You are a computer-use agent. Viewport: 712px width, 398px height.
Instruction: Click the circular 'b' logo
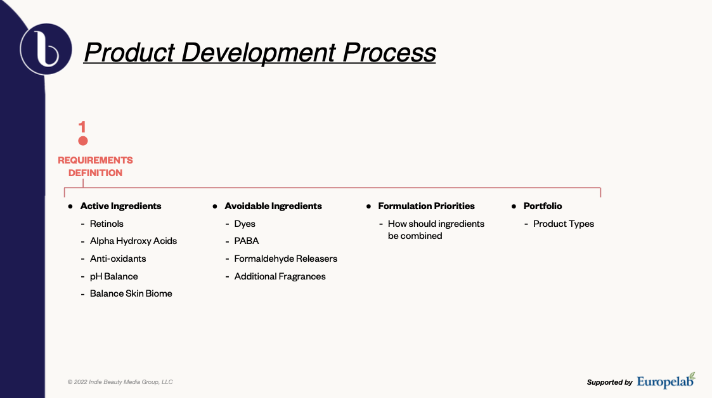(x=46, y=49)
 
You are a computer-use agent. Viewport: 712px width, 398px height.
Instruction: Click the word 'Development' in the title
(x=259, y=53)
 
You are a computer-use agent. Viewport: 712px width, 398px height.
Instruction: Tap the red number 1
(x=82, y=127)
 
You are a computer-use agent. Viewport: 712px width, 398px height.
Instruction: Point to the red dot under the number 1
(x=82, y=141)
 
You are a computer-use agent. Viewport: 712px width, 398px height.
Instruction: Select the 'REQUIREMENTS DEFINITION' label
(x=95, y=167)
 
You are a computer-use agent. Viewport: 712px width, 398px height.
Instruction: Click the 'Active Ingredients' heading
(x=121, y=206)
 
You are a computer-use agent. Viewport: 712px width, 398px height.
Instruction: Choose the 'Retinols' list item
(x=107, y=224)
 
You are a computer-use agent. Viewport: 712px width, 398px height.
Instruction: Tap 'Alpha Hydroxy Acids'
(x=134, y=241)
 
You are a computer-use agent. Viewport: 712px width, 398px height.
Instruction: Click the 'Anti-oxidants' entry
(x=118, y=259)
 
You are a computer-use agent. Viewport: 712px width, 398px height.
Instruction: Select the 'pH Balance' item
(x=114, y=276)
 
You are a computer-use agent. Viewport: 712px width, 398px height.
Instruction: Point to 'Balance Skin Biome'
(x=131, y=293)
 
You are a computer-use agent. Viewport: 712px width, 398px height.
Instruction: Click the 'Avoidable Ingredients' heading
(x=273, y=206)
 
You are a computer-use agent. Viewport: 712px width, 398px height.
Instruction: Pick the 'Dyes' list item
(x=245, y=224)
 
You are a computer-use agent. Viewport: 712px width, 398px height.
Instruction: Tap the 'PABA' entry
(x=247, y=241)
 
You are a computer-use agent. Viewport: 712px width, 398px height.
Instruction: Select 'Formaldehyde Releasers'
(x=285, y=259)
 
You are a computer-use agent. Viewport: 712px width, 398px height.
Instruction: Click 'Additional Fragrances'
(x=280, y=276)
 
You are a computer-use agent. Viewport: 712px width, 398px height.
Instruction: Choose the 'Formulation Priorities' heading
(x=427, y=206)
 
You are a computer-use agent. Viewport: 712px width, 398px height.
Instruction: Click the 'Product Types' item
(x=564, y=224)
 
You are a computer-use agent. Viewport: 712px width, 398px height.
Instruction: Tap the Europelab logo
(x=666, y=381)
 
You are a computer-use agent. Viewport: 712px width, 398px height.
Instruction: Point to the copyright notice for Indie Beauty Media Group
(x=120, y=382)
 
